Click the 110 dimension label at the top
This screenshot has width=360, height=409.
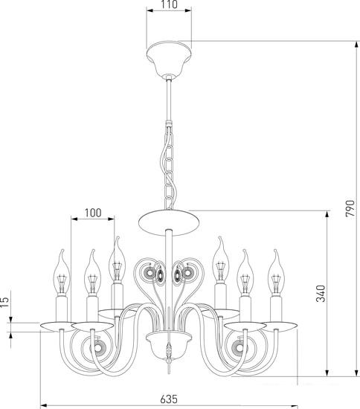point(169,4)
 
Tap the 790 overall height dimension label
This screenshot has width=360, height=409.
point(350,208)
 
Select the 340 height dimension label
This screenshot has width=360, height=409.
point(321,294)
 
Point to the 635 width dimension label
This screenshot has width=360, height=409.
point(169,399)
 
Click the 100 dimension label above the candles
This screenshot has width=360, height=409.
point(93,213)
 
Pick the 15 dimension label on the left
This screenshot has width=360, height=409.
point(4,303)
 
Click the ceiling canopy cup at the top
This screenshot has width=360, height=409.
point(169,58)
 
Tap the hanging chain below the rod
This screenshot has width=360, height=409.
point(169,166)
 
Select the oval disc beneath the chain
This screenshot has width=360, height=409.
point(169,222)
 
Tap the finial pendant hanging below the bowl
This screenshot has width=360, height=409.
point(169,358)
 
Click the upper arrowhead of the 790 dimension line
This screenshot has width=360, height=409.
point(356,45)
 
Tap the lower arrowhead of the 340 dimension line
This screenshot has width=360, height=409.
point(327,373)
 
